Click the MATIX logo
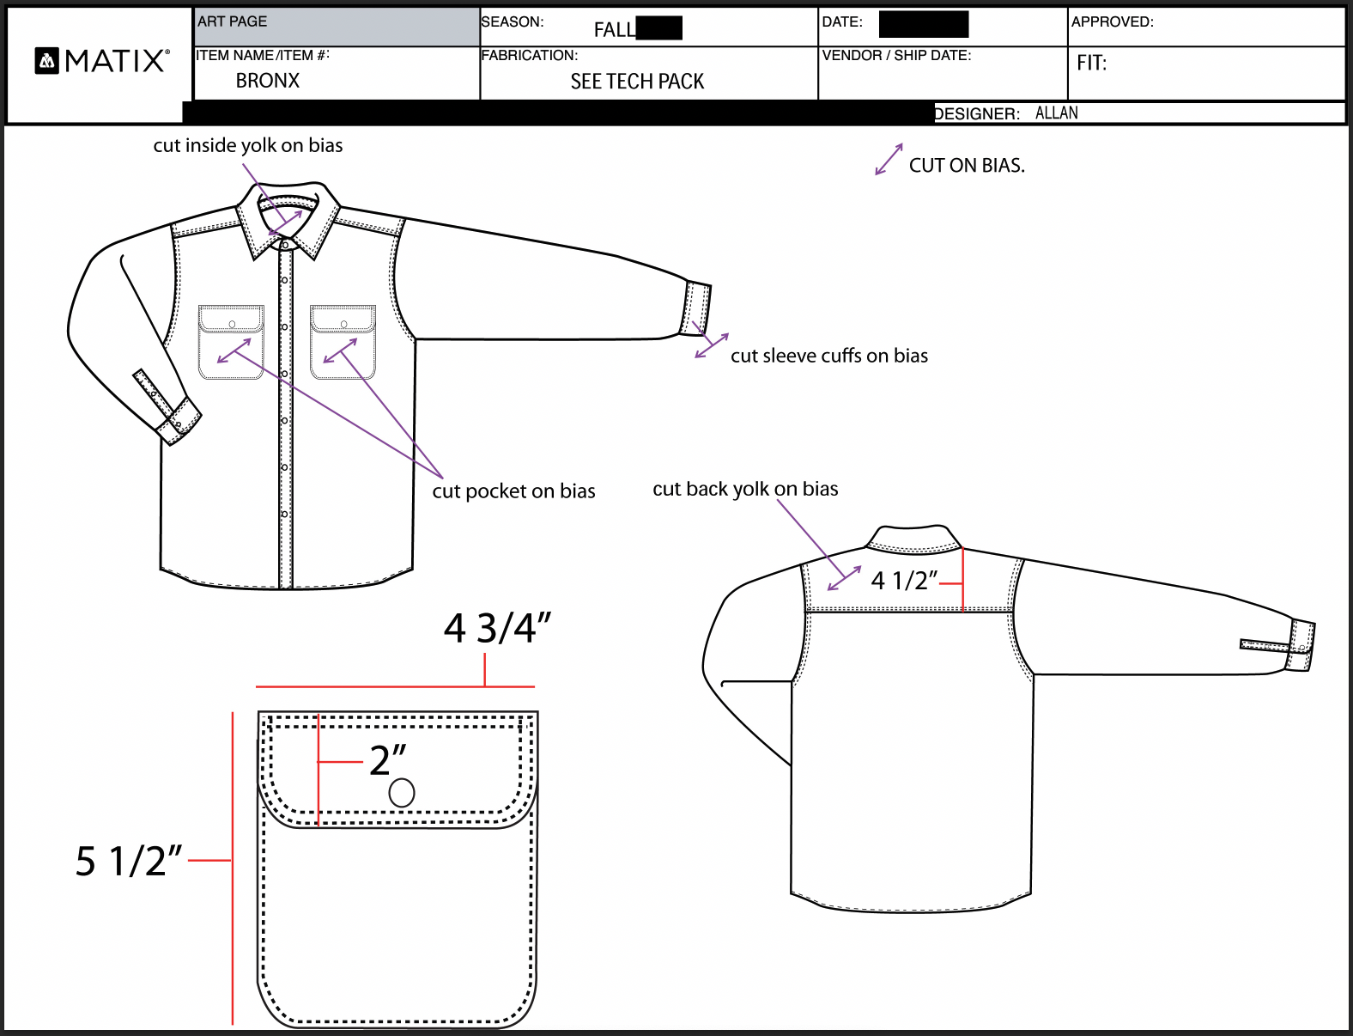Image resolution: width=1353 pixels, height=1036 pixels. click(x=102, y=61)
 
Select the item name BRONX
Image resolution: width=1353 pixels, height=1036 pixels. click(x=268, y=81)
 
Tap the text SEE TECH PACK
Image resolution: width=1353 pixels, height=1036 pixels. click(x=637, y=82)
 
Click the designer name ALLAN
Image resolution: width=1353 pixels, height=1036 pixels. click(x=1056, y=113)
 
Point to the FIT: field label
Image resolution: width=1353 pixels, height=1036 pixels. click(x=1091, y=63)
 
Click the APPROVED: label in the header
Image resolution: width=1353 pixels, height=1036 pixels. click(x=1112, y=22)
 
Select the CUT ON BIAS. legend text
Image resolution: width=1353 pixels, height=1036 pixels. click(x=967, y=166)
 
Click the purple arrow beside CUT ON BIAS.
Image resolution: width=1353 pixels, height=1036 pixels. click(x=889, y=159)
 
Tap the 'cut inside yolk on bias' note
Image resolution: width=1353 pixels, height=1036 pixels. click(x=248, y=145)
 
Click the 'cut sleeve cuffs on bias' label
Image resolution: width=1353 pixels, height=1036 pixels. click(x=828, y=356)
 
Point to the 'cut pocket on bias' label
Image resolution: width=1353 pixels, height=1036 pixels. click(x=513, y=491)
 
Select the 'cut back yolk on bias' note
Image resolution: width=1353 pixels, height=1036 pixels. click(x=745, y=489)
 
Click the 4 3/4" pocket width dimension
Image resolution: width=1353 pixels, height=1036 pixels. click(x=497, y=628)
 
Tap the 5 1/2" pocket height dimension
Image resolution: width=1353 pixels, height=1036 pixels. click(x=129, y=861)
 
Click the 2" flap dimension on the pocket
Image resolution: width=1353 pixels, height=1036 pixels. click(x=387, y=760)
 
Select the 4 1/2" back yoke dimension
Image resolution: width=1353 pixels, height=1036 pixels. click(x=904, y=581)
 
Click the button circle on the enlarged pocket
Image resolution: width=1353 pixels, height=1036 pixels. click(x=402, y=793)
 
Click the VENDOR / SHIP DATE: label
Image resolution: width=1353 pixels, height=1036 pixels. click(x=896, y=56)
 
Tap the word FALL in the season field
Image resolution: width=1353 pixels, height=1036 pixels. click(x=615, y=30)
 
